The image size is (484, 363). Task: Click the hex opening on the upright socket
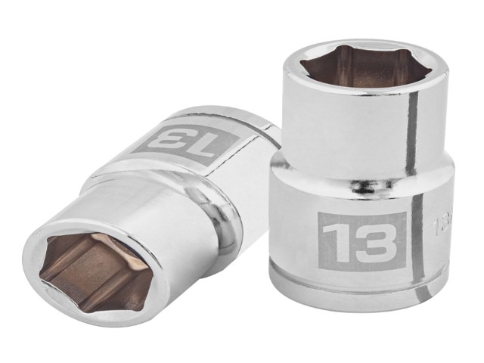364,67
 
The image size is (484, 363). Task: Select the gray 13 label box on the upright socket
362,241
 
